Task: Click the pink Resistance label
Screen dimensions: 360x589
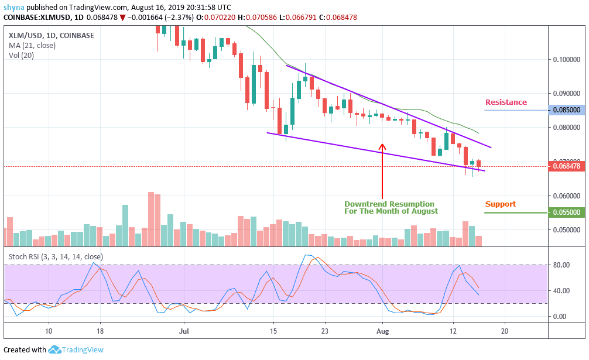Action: click(505, 102)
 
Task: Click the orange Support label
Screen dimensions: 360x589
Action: click(500, 204)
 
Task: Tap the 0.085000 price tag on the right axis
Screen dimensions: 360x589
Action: click(566, 109)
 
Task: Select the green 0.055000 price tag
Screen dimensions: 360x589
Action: click(566, 213)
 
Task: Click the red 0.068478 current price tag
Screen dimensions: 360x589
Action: click(566, 166)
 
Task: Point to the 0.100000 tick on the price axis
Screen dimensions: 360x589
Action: click(566, 59)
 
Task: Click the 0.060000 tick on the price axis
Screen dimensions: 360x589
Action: click(566, 196)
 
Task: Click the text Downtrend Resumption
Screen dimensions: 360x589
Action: click(389, 204)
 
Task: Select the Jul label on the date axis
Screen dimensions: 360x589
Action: click(183, 331)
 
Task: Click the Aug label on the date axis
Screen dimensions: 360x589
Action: click(382, 331)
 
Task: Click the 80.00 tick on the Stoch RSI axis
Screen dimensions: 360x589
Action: click(562, 265)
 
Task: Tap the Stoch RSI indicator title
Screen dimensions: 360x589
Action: click(56, 256)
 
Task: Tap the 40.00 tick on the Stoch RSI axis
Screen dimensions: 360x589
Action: click(562, 291)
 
